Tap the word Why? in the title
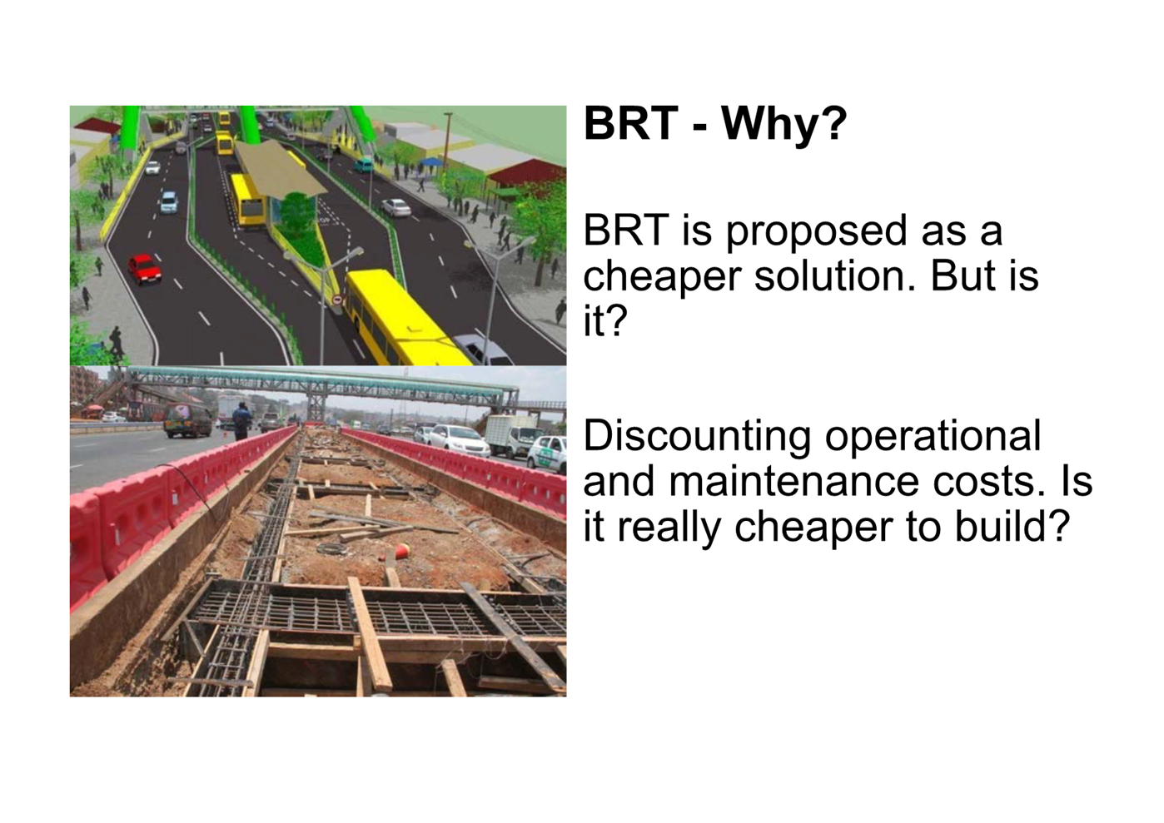pyautogui.click(x=783, y=125)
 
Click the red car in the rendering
pyautogui.click(x=144, y=269)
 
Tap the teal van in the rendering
pyautogui.click(x=363, y=166)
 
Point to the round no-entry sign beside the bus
pyautogui.click(x=338, y=300)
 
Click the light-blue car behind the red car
pyautogui.click(x=168, y=202)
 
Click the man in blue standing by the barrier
pyautogui.click(x=241, y=421)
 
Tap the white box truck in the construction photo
pyautogui.click(x=510, y=435)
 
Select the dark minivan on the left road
pyautogui.click(x=187, y=419)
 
